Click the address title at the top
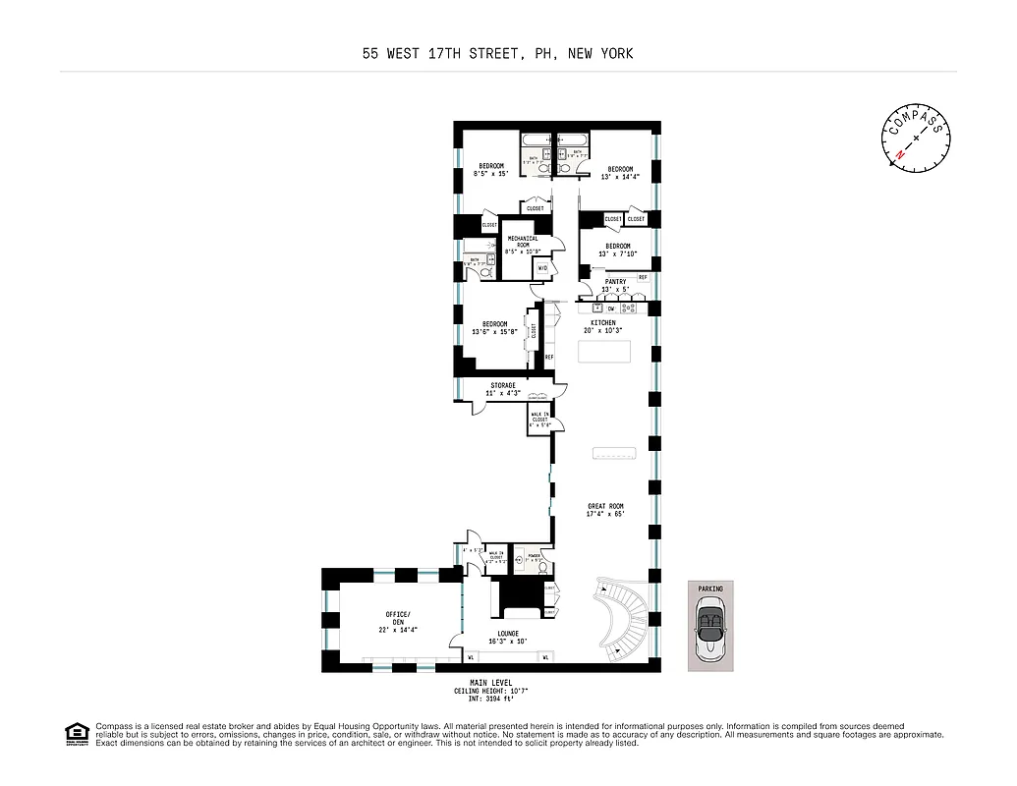pos(497,54)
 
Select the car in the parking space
pos(710,632)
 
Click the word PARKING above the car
pos(710,589)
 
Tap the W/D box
pos(542,268)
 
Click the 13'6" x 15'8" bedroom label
pos(494,328)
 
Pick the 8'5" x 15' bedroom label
pos(491,169)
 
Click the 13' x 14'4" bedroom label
pos(620,173)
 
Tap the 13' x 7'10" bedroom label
pos(617,250)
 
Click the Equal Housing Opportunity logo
pos(77,734)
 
